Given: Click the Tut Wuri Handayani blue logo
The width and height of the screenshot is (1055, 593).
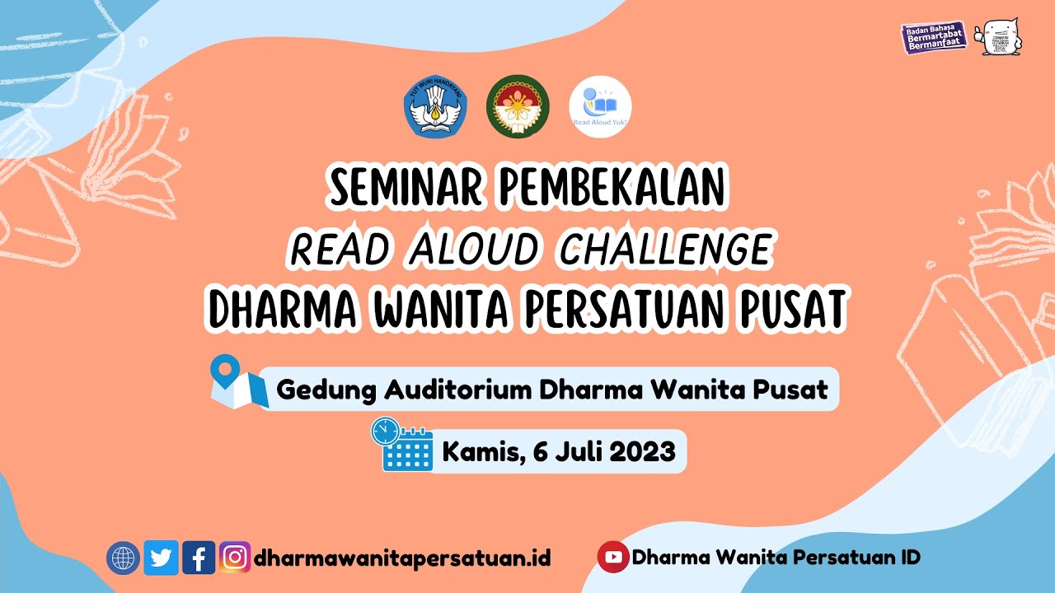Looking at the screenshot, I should coord(435,107).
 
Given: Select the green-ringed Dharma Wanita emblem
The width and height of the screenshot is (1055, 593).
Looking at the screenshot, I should coord(518,107).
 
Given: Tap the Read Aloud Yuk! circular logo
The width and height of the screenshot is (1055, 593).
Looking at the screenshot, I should coord(600,107).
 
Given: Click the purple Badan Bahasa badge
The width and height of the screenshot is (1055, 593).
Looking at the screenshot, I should coord(933,38).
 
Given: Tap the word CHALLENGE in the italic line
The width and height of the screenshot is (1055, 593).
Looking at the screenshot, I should coord(665,249).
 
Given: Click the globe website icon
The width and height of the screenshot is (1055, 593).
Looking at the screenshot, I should coord(124,558).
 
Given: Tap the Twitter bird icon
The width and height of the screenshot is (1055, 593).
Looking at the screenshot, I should coord(162,558).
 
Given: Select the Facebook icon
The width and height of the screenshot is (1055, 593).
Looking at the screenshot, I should coord(199,558).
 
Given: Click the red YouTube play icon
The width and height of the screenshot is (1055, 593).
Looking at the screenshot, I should coord(612,558).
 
